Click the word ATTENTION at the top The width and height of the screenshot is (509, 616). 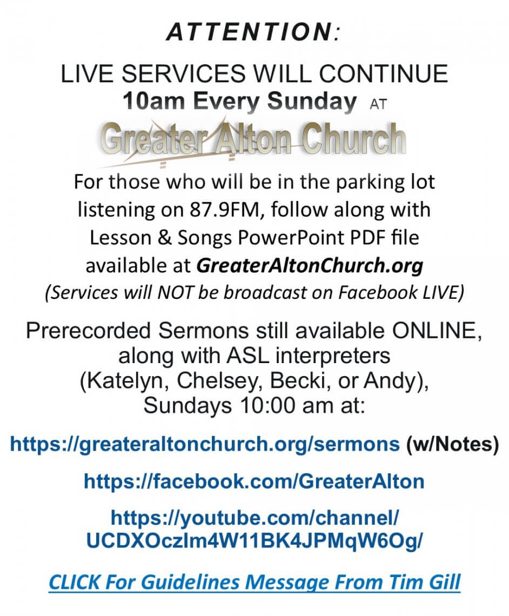pos(250,31)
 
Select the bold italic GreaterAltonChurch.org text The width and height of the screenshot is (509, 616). pos(310,266)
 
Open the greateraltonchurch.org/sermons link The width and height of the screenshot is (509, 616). pos(205,444)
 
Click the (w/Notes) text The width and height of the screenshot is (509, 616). pos(452,444)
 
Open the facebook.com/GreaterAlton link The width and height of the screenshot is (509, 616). pos(254,481)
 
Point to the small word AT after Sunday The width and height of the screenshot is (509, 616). pos(378,104)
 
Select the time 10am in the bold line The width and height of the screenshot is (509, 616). pos(153,102)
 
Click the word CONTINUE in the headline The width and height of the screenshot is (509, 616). pos(383,74)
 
